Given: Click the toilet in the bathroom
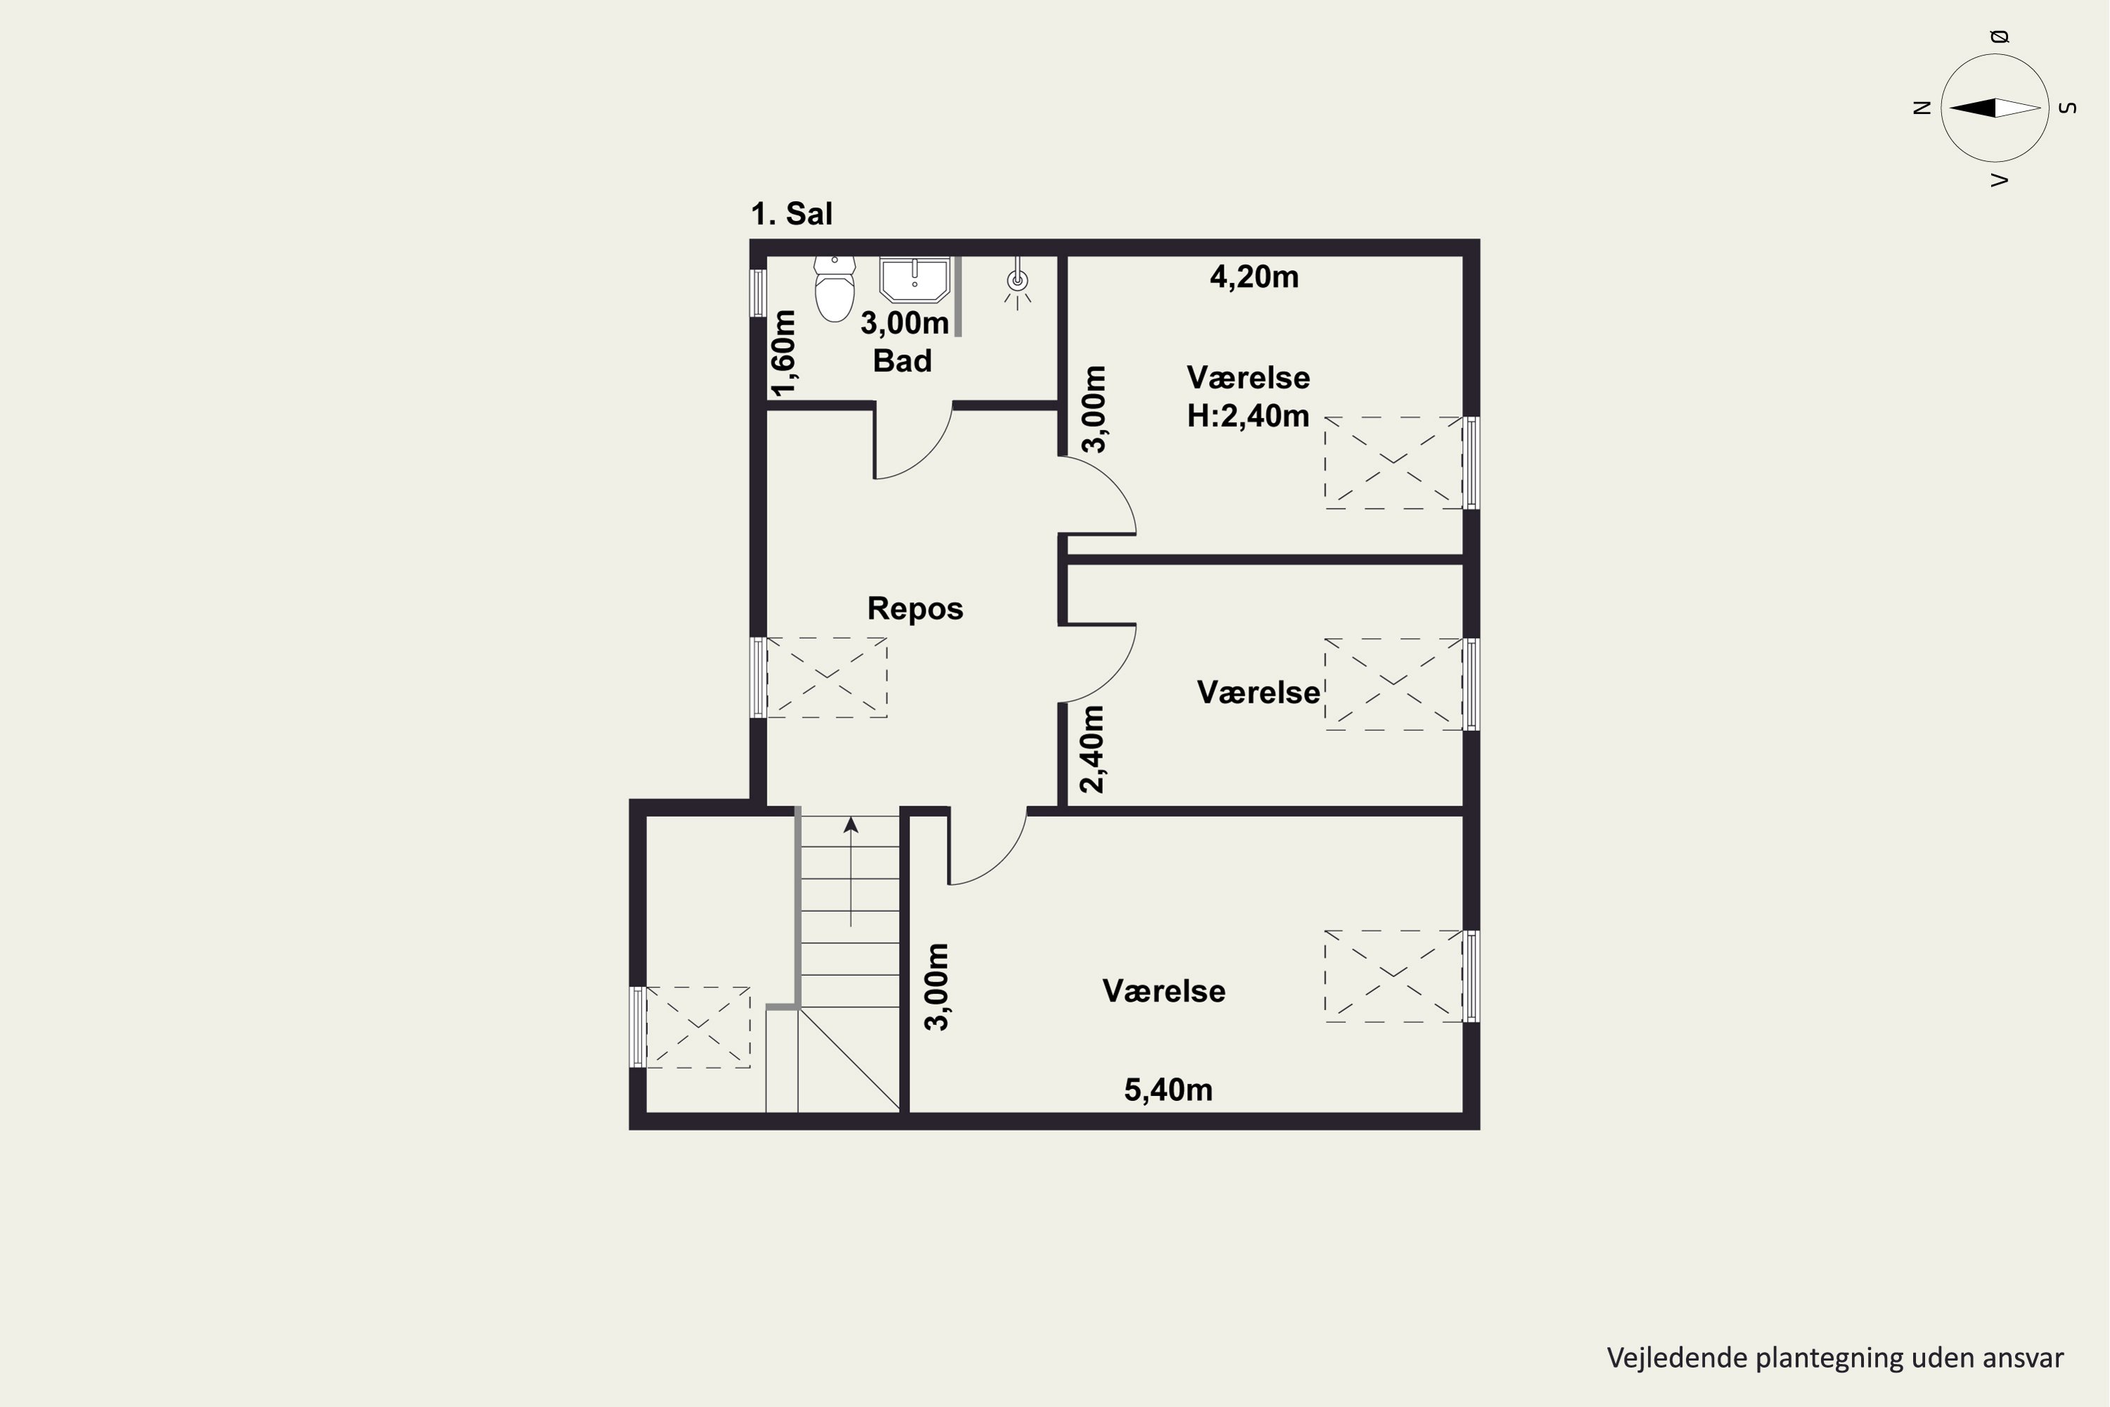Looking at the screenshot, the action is coord(834,289).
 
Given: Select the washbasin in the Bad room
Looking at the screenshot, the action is coord(914,279).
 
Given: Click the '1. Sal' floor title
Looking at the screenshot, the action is coord(791,214).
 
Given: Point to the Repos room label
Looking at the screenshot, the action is coord(915,609).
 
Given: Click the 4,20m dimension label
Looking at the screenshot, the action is coord(1254,276).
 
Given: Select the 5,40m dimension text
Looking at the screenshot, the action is coord(1168,1089).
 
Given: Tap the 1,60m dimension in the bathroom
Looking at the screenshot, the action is coord(784,352).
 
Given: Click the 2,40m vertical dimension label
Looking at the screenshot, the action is coord(1092,749).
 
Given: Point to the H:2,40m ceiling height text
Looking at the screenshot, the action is coord(1248,416).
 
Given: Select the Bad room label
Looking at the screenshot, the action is coord(902,361).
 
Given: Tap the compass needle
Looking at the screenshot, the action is coord(1995,108).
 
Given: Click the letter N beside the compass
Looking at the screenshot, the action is coord(1922,108).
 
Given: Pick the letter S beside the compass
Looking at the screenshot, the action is coord(2068,108).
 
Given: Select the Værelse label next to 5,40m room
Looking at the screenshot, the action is coord(1163,991).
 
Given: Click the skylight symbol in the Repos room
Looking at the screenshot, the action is coord(826,677).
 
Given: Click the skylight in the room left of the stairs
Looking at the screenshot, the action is coord(698,1027).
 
